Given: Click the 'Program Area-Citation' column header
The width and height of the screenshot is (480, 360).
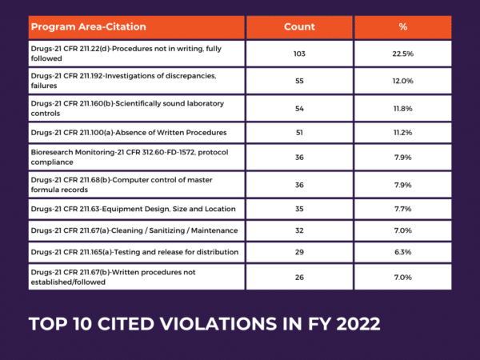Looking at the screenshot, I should click(89, 26).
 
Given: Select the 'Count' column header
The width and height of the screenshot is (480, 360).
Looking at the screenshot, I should click(299, 26).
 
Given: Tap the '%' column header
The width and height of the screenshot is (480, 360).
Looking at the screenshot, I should click(402, 26).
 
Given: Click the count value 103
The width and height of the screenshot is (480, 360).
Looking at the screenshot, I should click(299, 54).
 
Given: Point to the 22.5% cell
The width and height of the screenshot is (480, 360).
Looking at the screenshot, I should click(402, 54).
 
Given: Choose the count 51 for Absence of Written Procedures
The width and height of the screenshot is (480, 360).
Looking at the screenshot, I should click(299, 132).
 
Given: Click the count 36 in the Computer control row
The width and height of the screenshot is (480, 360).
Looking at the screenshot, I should click(299, 184).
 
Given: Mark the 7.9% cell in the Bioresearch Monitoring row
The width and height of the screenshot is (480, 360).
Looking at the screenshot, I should click(402, 158).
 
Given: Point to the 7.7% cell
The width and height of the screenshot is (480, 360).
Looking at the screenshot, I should click(402, 209).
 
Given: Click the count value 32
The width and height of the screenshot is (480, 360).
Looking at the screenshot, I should click(299, 230).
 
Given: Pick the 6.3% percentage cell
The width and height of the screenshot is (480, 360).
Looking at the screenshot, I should click(402, 252).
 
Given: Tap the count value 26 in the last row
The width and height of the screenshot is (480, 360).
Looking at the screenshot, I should click(299, 277).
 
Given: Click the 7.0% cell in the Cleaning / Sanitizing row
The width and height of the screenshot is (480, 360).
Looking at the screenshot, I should click(402, 230).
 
